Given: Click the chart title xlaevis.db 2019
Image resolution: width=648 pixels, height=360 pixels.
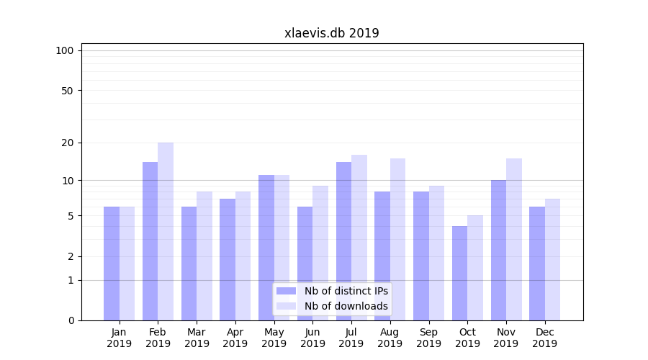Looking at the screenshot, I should pos(331,33).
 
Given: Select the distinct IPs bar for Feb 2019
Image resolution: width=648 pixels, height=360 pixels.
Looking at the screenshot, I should pos(150,241).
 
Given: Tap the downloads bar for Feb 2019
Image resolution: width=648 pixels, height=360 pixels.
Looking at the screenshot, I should pos(166,231).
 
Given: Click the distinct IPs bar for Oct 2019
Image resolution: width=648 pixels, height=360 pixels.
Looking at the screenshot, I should pos(459,273).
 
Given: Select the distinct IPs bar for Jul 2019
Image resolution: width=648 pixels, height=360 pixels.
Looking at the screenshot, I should pos(343,241).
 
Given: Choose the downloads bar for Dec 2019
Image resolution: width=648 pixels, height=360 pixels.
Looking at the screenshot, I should pos(552,259).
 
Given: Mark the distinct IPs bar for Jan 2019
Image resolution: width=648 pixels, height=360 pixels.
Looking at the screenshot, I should pos(112,264).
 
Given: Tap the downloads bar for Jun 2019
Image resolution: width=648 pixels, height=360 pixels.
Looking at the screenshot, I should pos(320,253).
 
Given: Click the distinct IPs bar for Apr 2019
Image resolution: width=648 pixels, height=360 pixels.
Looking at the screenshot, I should pos(228,259).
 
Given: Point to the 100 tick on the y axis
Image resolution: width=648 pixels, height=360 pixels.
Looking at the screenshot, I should pos(65,50).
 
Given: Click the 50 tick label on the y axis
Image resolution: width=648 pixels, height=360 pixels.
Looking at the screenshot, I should pos(67,91).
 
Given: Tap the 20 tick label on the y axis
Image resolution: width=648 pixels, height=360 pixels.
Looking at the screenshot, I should pos(67,143).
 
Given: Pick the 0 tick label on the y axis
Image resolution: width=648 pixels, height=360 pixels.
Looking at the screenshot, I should pos(71,320).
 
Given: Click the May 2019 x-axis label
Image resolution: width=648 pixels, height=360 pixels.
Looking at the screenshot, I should pos(274,338).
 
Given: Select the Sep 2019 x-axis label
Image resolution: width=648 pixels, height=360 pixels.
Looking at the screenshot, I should pos(428,338).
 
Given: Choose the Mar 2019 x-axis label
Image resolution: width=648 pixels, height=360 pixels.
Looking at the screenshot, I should pos(197,338).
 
